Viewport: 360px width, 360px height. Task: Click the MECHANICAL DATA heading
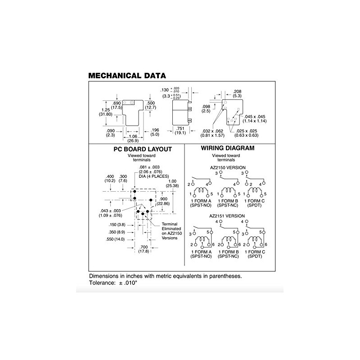[x=127, y=76]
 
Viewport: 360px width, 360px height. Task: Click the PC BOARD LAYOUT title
[x=143, y=149]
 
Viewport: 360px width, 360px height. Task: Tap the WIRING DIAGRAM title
[x=228, y=148]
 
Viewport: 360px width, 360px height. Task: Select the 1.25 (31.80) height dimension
[x=106, y=112]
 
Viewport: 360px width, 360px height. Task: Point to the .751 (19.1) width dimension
[x=180, y=131]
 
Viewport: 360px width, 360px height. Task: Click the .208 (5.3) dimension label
[x=237, y=94]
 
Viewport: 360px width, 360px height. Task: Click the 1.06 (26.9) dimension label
[x=133, y=139]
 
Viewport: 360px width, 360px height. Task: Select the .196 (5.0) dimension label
[x=155, y=132]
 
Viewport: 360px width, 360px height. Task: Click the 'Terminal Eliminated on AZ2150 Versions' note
[x=172, y=231]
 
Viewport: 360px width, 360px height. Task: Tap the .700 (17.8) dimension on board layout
[x=144, y=249]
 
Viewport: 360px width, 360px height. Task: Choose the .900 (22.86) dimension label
[x=163, y=201]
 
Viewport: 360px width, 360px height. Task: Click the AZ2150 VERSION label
[x=228, y=167]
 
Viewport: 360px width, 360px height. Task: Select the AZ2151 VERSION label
[x=227, y=216]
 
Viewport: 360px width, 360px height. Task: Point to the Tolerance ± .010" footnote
[x=113, y=283]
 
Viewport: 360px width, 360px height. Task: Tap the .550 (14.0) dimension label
[x=115, y=239]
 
